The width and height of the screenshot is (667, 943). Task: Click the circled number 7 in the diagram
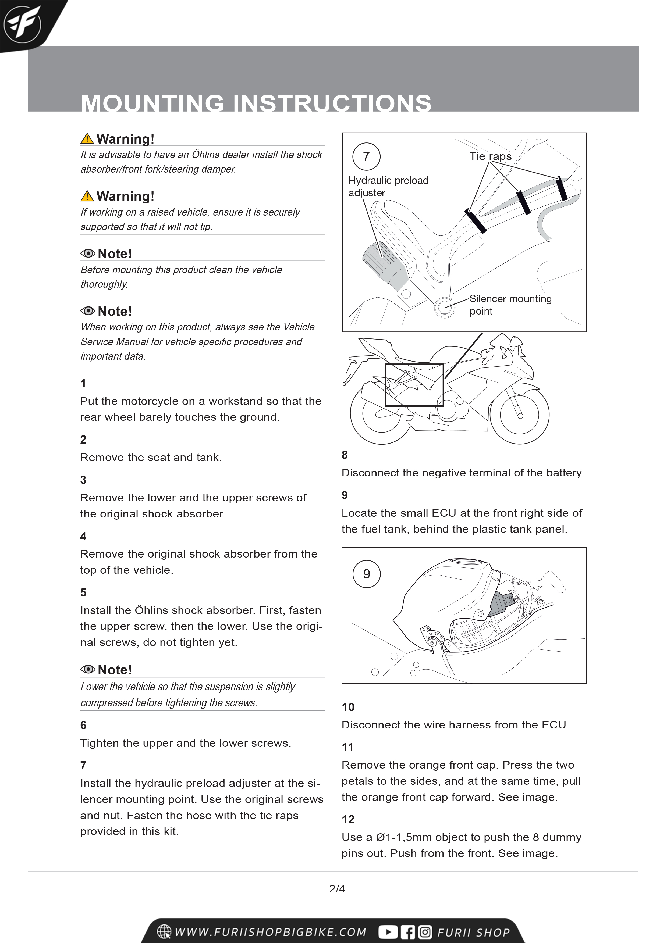click(x=366, y=156)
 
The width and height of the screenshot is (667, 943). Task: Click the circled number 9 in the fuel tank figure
click(x=367, y=574)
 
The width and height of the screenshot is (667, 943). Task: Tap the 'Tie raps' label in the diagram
click(x=490, y=156)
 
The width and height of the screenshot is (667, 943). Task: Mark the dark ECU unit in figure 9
click(x=502, y=604)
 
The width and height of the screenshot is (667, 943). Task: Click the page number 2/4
click(x=337, y=889)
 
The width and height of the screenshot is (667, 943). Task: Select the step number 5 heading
click(x=83, y=592)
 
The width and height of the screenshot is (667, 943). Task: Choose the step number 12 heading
click(x=348, y=819)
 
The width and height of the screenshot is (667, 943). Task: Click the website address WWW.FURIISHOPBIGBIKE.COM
click(x=270, y=932)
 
